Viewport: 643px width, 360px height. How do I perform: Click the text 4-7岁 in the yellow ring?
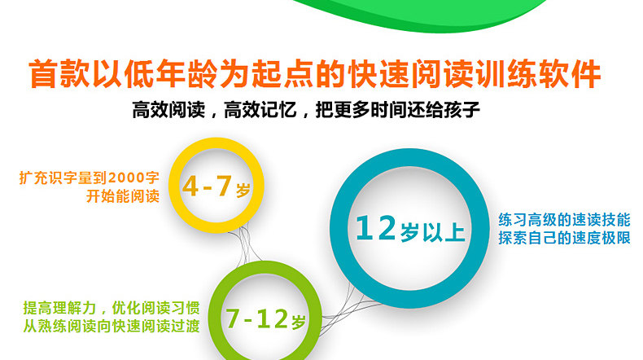tap(217, 187)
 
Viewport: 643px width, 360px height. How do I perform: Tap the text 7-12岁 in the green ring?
tap(265, 319)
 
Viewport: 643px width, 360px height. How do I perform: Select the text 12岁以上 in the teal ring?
tap(410, 229)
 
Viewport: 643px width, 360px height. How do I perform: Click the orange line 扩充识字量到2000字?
tap(89, 178)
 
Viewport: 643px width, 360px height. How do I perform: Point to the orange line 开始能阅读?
tap(123, 196)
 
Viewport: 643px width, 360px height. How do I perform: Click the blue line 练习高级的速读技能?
tap(564, 220)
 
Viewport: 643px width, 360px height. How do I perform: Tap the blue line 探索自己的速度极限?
tap(564, 238)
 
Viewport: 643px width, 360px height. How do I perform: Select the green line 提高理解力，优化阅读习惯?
tap(112, 307)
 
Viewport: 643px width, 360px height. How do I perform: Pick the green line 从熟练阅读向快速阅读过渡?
tap(112, 326)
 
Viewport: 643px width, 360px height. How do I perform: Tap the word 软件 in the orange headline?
tap(570, 74)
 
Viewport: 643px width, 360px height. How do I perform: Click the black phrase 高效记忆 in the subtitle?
tap(260, 110)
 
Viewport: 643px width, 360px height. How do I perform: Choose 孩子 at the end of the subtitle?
tap(461, 110)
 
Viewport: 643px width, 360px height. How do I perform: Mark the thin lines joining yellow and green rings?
tap(245, 244)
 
